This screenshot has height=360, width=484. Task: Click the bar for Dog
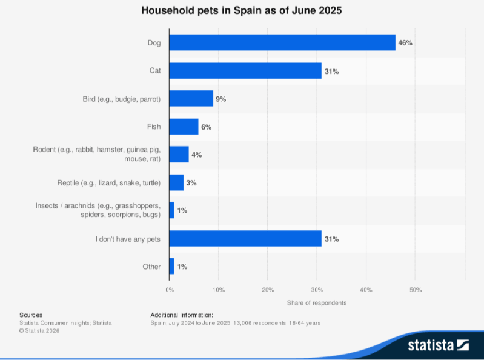pyautogui.click(x=282, y=42)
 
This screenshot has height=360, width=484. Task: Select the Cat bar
pyautogui.click(x=245, y=71)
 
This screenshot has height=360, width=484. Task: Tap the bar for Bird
pyautogui.click(x=191, y=99)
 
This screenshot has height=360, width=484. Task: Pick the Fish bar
pyautogui.click(x=184, y=127)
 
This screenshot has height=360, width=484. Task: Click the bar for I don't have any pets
pyautogui.click(x=245, y=239)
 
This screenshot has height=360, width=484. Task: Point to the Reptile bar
pyautogui.click(x=176, y=182)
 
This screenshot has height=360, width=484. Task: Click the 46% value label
pyautogui.click(x=405, y=43)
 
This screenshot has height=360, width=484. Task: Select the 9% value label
pyautogui.click(x=220, y=99)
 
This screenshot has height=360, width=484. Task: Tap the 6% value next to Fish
pyautogui.click(x=206, y=127)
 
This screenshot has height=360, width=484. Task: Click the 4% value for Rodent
pyautogui.click(x=196, y=155)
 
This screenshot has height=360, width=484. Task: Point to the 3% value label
pyautogui.click(x=191, y=182)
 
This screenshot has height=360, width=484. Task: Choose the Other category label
pyautogui.click(x=151, y=267)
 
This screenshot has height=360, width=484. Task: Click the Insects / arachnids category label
pyautogui.click(x=98, y=211)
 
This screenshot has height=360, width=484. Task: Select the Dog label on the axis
pyautogui.click(x=154, y=42)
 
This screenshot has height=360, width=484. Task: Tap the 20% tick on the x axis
pyautogui.click(x=268, y=290)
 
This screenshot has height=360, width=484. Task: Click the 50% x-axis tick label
pyautogui.click(x=415, y=290)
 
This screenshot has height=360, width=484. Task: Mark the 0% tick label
pyautogui.click(x=170, y=290)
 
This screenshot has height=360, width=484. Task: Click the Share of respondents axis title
pyautogui.click(x=317, y=302)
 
